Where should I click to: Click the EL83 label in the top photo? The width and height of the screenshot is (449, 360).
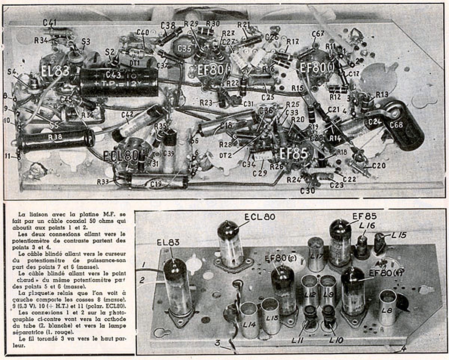[55, 71]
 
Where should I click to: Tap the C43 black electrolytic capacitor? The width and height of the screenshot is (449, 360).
[119, 82]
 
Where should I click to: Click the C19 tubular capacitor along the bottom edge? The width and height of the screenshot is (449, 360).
[157, 182]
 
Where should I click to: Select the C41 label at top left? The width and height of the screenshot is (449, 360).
[49, 23]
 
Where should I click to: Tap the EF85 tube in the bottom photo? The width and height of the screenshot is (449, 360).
[340, 243]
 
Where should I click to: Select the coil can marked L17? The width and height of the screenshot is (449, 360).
[316, 254]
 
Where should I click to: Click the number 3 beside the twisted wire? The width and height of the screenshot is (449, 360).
[217, 343]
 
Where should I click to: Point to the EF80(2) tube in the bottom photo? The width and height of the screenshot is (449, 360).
[283, 288]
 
